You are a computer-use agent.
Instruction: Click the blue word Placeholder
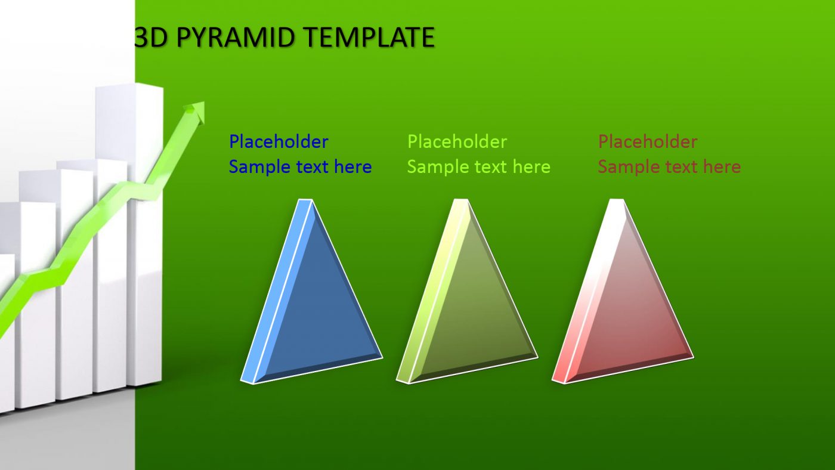pos(279,142)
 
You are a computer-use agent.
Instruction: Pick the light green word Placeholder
pos(457,142)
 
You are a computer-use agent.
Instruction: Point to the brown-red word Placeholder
pos(648,142)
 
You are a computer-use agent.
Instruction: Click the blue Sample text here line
pos(300,167)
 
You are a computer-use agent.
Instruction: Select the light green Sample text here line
pos(478,167)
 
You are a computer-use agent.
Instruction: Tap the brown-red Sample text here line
pos(669,167)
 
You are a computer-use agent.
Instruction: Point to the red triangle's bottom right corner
pos(692,357)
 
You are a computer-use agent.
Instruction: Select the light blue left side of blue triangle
pos(274,298)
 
